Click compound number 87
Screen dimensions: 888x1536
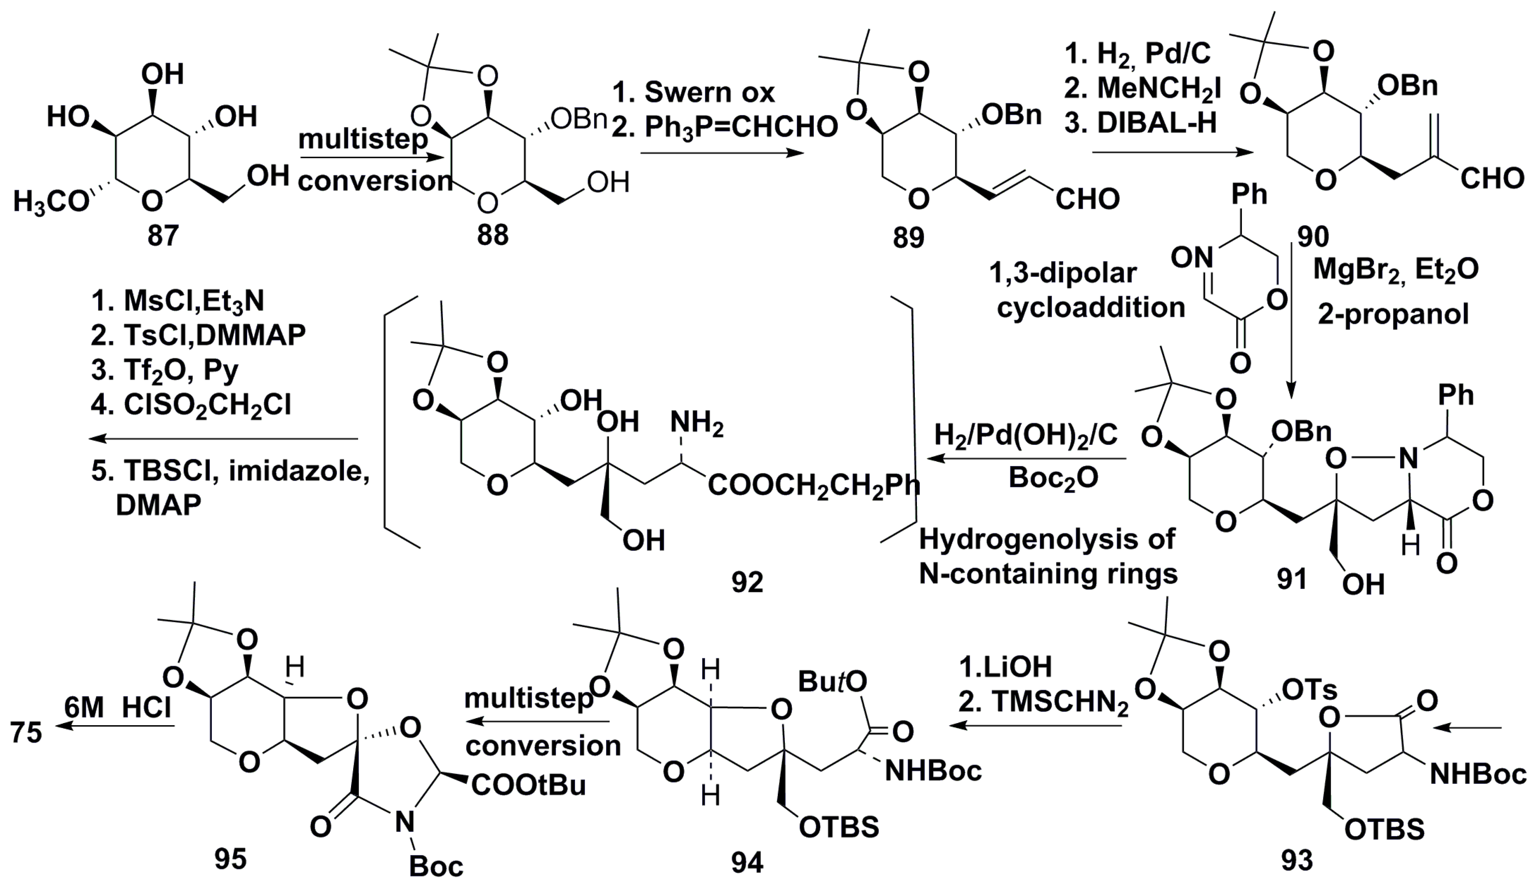coord(163,235)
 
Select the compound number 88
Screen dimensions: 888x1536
coord(492,235)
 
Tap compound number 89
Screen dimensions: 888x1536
coord(909,238)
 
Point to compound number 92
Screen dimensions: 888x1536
coord(747,583)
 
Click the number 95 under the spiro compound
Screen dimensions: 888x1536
coord(231,859)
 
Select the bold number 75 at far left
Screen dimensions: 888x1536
coord(26,733)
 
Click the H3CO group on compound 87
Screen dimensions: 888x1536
coord(52,202)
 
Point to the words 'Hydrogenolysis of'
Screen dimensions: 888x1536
coord(1047,540)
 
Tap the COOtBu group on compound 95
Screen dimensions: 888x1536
coord(528,785)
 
